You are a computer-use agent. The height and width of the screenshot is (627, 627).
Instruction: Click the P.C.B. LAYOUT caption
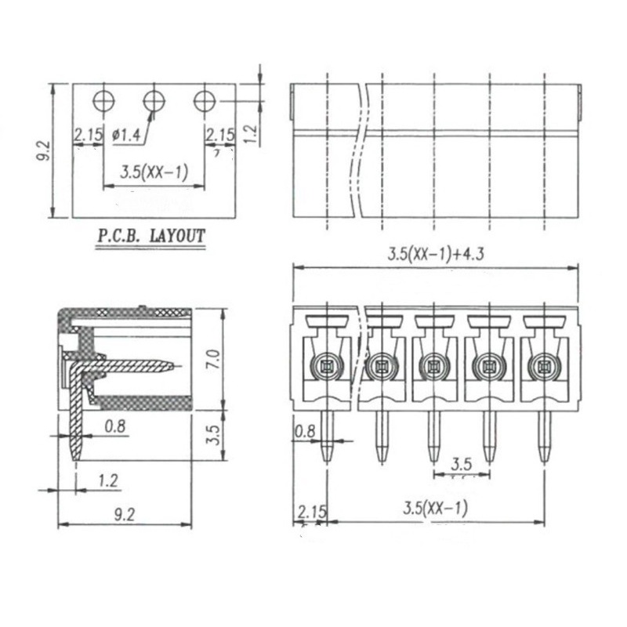[x=150, y=236]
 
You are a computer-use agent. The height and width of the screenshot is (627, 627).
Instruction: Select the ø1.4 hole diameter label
[x=126, y=136]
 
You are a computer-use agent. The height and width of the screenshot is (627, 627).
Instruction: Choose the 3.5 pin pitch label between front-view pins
[x=462, y=464]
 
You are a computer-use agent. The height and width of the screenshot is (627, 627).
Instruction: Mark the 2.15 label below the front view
[x=310, y=513]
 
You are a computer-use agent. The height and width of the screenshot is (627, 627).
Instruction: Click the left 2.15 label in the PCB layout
[x=88, y=136]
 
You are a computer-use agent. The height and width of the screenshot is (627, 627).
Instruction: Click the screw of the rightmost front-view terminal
[x=542, y=364]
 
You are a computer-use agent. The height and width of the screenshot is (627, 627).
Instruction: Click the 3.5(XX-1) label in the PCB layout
[x=154, y=172]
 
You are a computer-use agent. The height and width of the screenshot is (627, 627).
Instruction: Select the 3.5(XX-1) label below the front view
[x=435, y=507]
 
